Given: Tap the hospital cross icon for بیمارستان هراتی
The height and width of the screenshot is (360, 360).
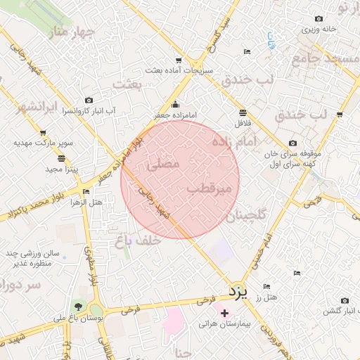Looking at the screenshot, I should tap(224, 313).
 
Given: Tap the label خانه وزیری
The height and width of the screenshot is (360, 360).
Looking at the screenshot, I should tap(319, 30).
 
